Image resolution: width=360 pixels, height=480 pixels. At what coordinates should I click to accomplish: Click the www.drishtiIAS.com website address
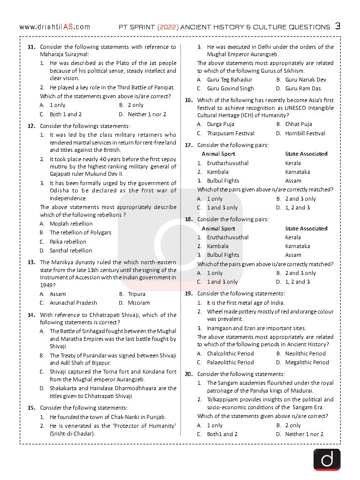[x=55, y=27]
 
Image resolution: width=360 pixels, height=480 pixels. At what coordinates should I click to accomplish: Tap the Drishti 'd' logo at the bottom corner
[x=327, y=459]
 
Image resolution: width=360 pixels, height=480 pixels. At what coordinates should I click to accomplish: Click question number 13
[x=31, y=262]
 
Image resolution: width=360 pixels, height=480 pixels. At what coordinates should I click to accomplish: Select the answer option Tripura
[x=136, y=294]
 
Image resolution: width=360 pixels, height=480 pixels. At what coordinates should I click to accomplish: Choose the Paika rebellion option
[x=68, y=242]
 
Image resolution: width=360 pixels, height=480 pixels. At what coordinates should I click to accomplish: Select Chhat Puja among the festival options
[x=298, y=124]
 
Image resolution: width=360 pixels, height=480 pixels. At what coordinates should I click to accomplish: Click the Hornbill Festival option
[x=305, y=133]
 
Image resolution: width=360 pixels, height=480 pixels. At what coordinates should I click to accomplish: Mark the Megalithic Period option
[x=307, y=362]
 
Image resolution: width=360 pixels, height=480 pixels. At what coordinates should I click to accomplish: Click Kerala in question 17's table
[x=293, y=163]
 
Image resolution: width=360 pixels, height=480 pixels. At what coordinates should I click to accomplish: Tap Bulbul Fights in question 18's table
[x=223, y=255]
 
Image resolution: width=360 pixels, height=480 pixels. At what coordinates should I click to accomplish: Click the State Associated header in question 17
[x=306, y=154]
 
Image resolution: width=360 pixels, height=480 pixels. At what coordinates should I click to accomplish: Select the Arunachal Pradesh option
[x=73, y=303]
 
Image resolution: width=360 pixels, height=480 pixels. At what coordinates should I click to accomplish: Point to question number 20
[x=189, y=374]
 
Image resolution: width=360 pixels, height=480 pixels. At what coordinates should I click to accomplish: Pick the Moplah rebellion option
[x=71, y=224]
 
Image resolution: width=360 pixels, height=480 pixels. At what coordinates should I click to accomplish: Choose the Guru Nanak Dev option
[x=305, y=80]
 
